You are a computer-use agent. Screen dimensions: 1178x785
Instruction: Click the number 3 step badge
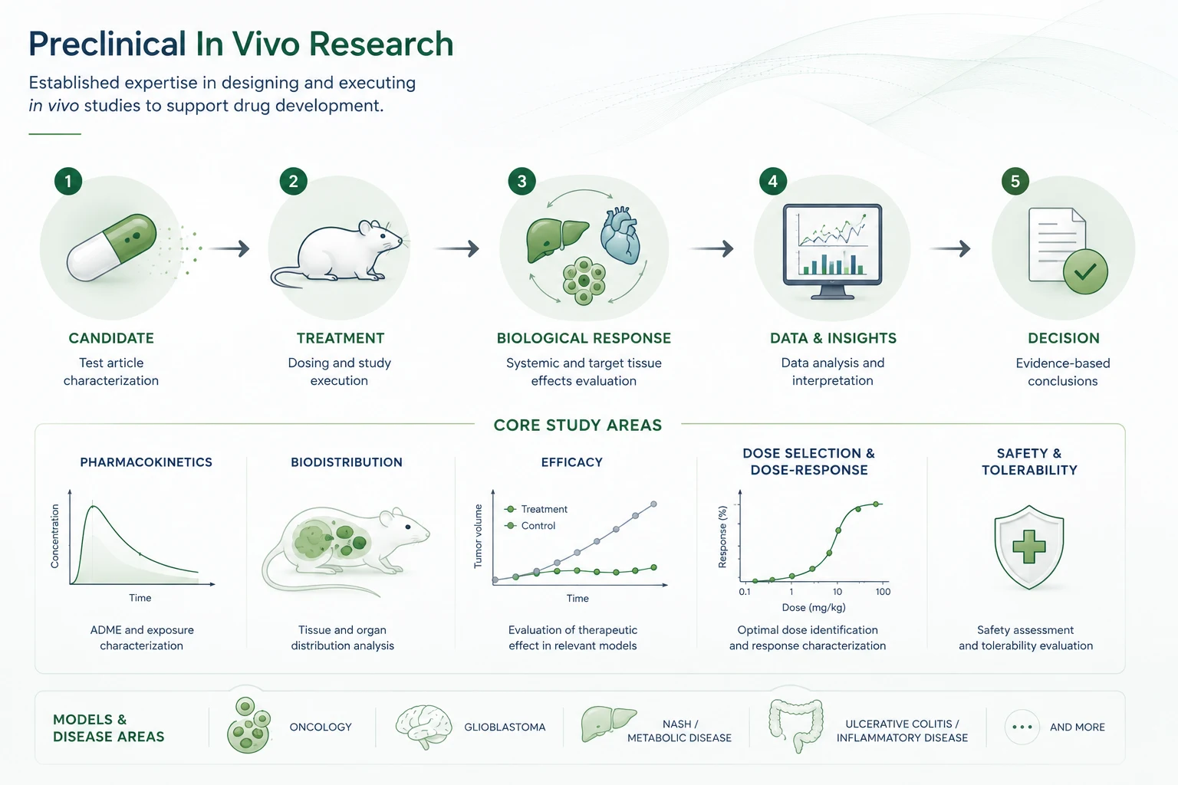click(x=522, y=182)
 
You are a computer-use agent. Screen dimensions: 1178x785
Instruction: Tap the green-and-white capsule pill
click(x=111, y=247)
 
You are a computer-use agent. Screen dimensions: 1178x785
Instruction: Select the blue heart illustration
click(x=620, y=235)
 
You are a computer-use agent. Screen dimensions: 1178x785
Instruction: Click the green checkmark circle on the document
click(x=1085, y=272)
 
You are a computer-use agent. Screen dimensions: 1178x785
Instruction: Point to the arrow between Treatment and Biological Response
click(x=456, y=248)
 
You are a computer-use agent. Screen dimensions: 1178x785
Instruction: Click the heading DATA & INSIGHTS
click(x=833, y=338)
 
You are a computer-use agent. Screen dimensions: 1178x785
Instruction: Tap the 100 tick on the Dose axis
click(x=883, y=592)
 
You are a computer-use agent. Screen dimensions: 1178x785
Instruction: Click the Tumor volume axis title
click(x=478, y=537)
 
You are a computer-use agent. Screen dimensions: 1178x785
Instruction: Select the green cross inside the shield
click(x=1028, y=547)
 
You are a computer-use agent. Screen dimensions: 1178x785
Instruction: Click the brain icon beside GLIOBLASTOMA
click(x=423, y=728)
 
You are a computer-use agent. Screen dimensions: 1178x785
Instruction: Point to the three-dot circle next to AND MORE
click(x=1022, y=728)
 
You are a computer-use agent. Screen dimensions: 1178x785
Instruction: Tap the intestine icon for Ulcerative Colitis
click(x=795, y=725)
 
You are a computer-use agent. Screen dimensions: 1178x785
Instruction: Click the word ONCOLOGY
click(x=321, y=728)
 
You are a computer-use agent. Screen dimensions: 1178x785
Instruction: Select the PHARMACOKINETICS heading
click(x=146, y=462)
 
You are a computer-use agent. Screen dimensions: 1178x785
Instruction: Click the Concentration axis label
click(x=54, y=537)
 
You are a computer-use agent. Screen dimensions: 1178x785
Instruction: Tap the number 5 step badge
click(x=1015, y=182)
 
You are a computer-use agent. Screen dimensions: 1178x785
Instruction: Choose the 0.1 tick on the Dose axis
click(x=744, y=592)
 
